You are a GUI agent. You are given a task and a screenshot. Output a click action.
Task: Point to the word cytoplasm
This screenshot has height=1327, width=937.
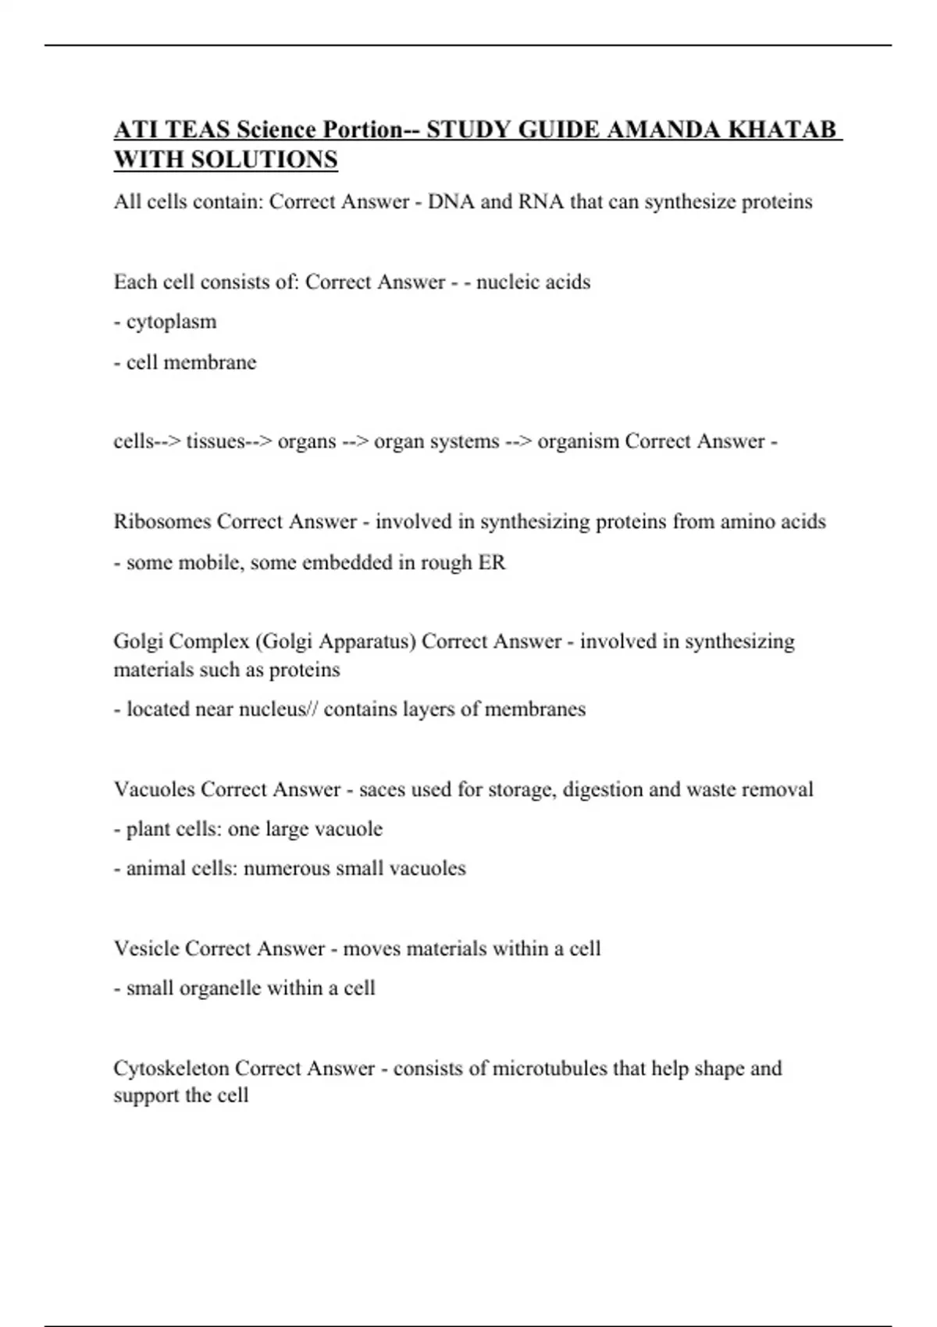[x=171, y=322]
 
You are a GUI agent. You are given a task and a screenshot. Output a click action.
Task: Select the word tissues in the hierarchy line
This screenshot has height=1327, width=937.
[x=216, y=441]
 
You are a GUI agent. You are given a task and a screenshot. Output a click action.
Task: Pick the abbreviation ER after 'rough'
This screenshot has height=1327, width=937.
[x=492, y=562]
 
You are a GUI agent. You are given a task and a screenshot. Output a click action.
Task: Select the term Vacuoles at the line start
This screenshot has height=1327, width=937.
[x=155, y=789]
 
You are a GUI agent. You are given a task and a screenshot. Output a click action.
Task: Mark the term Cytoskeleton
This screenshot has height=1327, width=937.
[x=171, y=1068]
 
